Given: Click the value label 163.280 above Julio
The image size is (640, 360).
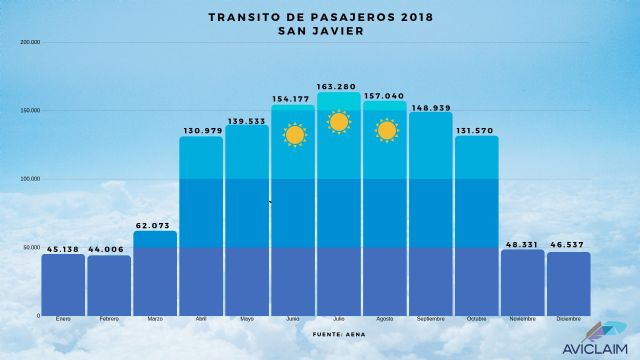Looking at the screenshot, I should [x=339, y=85].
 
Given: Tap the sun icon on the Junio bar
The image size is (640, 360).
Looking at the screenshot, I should [x=294, y=135].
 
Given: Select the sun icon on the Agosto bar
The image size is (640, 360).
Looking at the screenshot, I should [x=385, y=130].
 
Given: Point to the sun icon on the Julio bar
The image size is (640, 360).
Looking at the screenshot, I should [x=339, y=123].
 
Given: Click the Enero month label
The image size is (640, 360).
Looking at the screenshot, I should [x=63, y=319].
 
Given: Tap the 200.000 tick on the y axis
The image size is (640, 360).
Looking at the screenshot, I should [x=30, y=43].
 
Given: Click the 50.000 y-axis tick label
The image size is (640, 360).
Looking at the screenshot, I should [x=31, y=247].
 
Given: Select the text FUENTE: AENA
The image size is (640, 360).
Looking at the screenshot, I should [x=339, y=332].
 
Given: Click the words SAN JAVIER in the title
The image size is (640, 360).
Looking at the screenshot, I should [x=320, y=31].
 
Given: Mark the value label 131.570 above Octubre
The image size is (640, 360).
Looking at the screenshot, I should [x=477, y=129].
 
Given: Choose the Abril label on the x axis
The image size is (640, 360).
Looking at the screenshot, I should [x=201, y=319].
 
